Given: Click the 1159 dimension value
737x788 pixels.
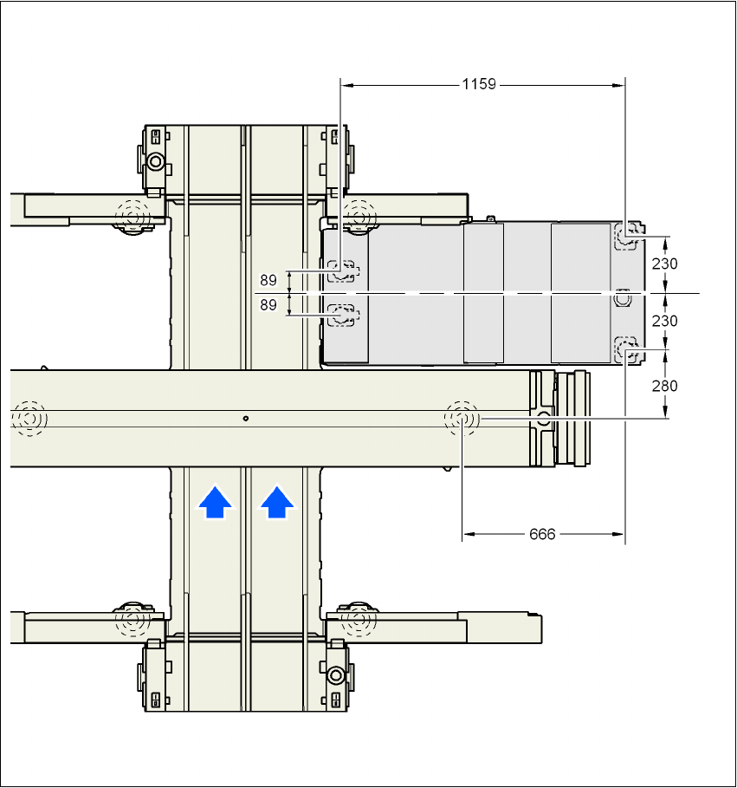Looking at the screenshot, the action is pyautogui.click(x=479, y=84).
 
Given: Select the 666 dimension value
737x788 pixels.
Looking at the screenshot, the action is pyautogui.click(x=542, y=534).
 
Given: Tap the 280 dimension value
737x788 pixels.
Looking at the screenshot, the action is pyautogui.click(x=664, y=385).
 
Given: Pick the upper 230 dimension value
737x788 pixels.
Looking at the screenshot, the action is pyautogui.click(x=664, y=264).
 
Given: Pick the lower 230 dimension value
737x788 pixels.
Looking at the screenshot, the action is pyautogui.click(x=664, y=321).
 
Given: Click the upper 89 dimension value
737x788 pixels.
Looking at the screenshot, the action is pyautogui.click(x=268, y=280).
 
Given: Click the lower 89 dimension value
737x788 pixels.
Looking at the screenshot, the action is pyautogui.click(x=268, y=305).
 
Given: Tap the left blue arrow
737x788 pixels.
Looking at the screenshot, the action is pyautogui.click(x=215, y=502).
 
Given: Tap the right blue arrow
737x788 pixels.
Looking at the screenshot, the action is pyautogui.click(x=276, y=502).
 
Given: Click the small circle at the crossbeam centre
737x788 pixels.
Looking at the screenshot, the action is pyautogui.click(x=246, y=419).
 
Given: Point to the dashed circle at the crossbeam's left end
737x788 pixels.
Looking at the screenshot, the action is pyautogui.click(x=29, y=419).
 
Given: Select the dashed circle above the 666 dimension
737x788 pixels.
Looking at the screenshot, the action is pyautogui.click(x=462, y=419).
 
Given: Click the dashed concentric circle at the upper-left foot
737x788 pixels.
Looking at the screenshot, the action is pyautogui.click(x=132, y=212).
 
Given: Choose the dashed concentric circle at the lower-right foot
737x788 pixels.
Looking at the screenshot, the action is pyautogui.click(x=356, y=619).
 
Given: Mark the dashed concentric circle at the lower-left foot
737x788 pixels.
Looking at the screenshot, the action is pyautogui.click(x=132, y=619).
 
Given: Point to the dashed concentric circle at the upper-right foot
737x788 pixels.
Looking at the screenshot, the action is pyautogui.click(x=358, y=212).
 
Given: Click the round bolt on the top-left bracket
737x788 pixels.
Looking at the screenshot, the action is pyautogui.click(x=156, y=162).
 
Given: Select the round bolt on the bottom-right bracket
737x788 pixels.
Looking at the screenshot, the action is pyautogui.click(x=336, y=673).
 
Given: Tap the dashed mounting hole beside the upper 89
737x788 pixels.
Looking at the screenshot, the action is pyautogui.click(x=344, y=271).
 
